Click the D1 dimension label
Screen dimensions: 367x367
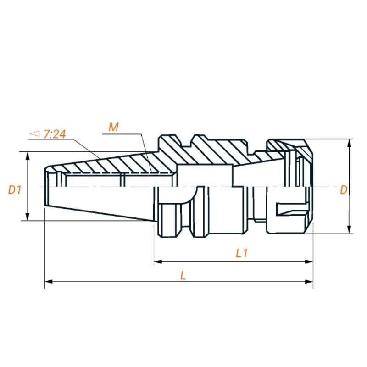pos(15,189)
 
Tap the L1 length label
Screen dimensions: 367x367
pos(242,253)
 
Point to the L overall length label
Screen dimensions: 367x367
pos(183,275)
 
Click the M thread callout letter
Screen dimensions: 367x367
pos(114,127)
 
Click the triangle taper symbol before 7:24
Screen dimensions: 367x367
pos(35,133)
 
